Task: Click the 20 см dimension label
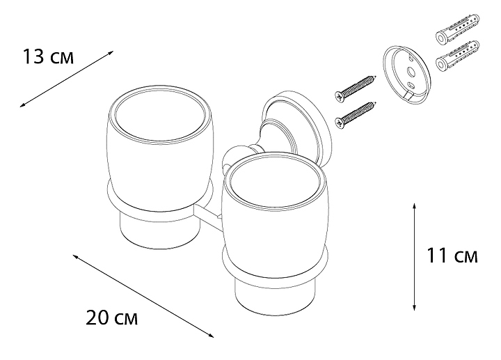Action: click(x=112, y=319)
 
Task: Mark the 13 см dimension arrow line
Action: click(x=68, y=77)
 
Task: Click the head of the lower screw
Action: click(x=338, y=121)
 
